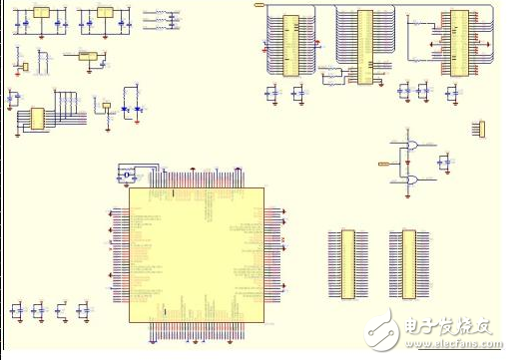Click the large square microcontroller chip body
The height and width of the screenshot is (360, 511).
pyautogui.click(x=197, y=254)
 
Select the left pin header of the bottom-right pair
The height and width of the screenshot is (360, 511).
pyautogui.click(x=347, y=263)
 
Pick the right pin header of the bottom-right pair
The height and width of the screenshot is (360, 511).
pyautogui.click(x=408, y=263)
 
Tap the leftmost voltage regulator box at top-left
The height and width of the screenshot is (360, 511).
pyautogui.click(x=41, y=13)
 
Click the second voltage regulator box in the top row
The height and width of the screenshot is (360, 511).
pyautogui.click(x=103, y=13)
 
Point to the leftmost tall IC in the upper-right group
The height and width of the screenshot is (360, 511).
pyautogui.click(x=290, y=45)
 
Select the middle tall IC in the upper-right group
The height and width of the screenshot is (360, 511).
pyautogui.click(x=364, y=46)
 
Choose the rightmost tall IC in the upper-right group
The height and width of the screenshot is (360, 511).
pyautogui.click(x=458, y=41)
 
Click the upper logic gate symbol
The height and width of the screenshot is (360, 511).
pyautogui.click(x=410, y=147)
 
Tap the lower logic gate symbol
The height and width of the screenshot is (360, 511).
pyautogui.click(x=410, y=180)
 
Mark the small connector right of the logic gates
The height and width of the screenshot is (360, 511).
pyautogui.click(x=479, y=128)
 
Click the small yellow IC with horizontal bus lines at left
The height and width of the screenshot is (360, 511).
pyautogui.click(x=35, y=119)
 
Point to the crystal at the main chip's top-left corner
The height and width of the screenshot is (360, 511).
pyautogui.click(x=128, y=176)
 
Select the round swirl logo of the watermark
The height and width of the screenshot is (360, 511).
pyautogui.click(x=380, y=326)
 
